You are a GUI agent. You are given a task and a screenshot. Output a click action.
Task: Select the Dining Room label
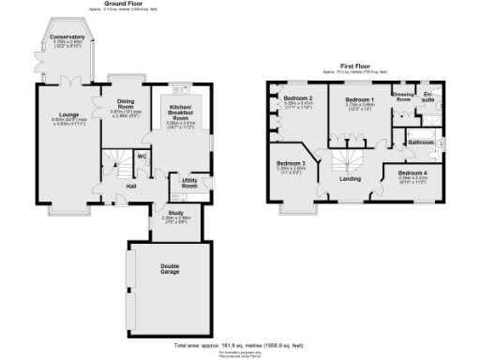124,104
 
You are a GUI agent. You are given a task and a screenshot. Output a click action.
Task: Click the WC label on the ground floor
143,157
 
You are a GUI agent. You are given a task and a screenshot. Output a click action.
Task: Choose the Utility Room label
189,185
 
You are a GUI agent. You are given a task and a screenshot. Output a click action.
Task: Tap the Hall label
132,187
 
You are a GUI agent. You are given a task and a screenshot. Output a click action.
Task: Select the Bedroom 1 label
359,99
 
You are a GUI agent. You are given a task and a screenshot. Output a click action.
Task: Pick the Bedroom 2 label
298,98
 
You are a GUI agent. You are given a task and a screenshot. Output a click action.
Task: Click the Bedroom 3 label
291,163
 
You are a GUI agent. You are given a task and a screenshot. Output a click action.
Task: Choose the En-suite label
429,96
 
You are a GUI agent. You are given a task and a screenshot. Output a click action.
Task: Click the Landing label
350,178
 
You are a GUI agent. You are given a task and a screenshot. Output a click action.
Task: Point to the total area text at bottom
240,345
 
